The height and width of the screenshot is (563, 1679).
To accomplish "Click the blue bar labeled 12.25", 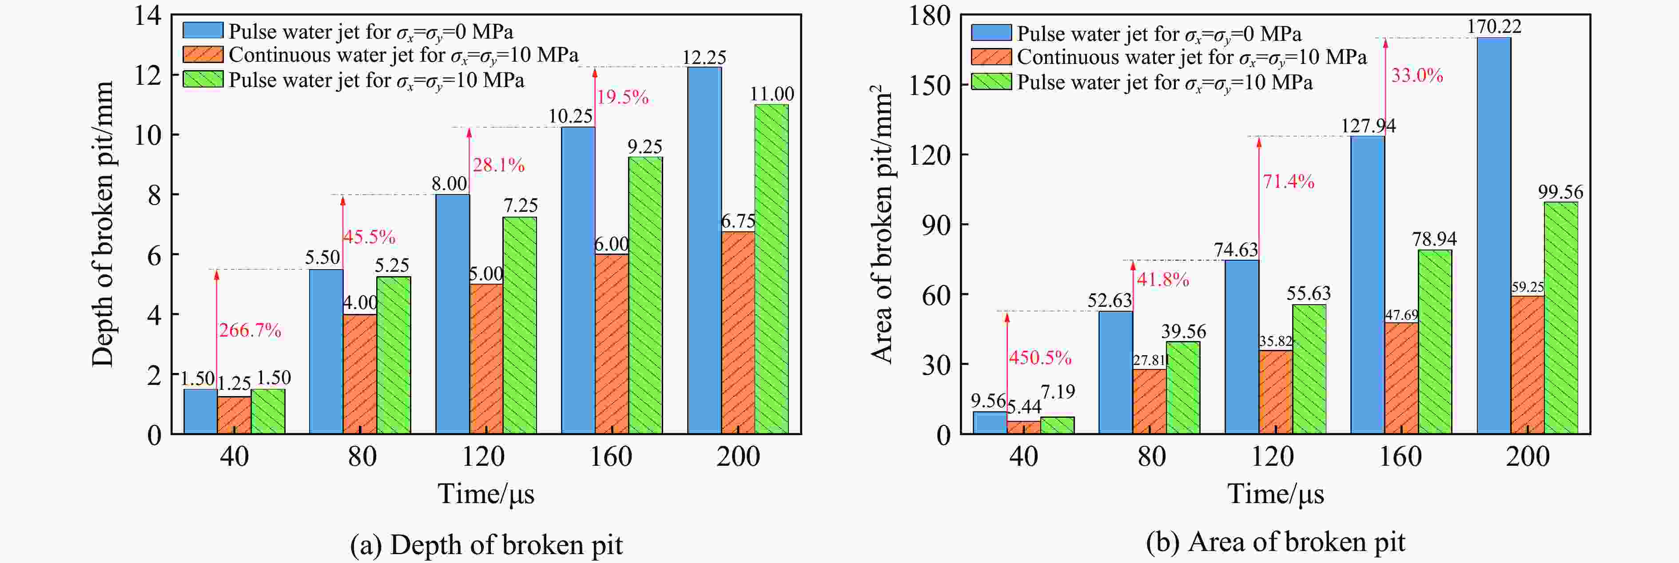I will pos(704,250).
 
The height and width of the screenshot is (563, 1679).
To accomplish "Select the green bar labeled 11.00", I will pos(771,269).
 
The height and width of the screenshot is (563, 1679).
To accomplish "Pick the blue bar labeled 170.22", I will pos(1493,235).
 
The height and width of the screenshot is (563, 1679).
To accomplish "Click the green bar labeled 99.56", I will pos(1561,318).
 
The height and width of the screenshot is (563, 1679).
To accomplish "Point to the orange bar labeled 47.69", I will pos(1401,378).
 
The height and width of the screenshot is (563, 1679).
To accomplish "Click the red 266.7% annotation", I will pos(250,330).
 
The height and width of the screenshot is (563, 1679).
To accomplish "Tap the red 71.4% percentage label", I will pos(1288,181).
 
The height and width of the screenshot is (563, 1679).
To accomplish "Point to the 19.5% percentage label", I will pos(622,98).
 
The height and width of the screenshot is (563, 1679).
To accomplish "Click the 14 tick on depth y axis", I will pos(148,15).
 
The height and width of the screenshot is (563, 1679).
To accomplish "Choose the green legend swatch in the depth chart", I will pos(203,79).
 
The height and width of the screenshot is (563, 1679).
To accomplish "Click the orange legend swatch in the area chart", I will pos(991,57).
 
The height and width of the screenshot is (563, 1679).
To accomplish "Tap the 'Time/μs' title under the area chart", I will pos(1276,494).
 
